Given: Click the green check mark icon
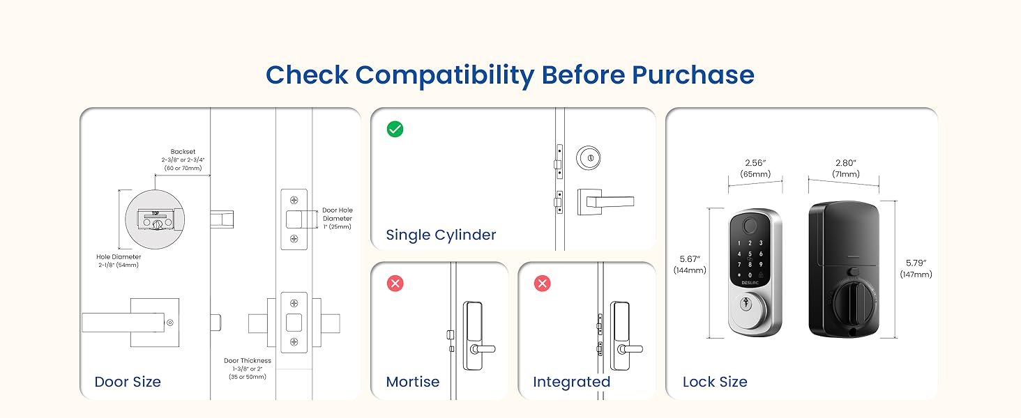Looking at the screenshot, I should click(395, 129).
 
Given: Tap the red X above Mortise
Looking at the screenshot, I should click(395, 284).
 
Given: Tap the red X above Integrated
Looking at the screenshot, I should click(542, 284).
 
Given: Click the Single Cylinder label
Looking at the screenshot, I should click(441, 235).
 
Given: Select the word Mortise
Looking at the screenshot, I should click(413, 382).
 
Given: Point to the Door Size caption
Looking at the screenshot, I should click(128, 382).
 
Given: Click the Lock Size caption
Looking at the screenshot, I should click(715, 382).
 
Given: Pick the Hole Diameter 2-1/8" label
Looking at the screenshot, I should click(118, 261).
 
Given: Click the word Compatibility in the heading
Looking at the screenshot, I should click(447, 75).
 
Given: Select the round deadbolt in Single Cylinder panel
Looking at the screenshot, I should click(589, 158).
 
